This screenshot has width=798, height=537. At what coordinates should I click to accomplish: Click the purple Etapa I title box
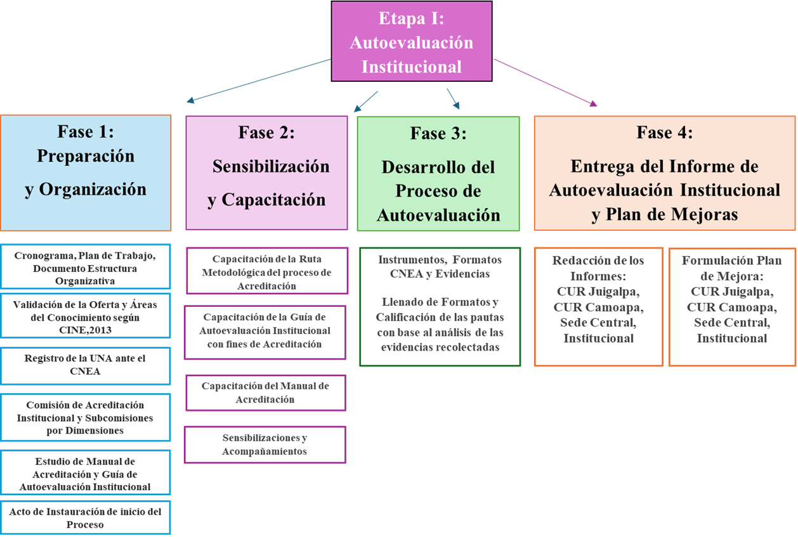tap(412, 41)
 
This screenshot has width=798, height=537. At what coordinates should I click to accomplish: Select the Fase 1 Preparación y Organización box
tap(86, 172)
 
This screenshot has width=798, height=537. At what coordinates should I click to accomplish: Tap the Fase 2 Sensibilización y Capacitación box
tap(266, 172)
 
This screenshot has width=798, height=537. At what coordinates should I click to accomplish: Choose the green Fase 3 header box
tap(438, 174)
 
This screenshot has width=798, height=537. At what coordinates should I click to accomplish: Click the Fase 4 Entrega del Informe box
tap(664, 173)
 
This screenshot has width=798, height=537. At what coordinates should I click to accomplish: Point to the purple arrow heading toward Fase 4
tap(546, 82)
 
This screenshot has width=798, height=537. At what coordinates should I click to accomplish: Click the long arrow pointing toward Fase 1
tap(259, 81)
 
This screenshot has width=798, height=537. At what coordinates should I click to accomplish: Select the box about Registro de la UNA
tap(85, 366)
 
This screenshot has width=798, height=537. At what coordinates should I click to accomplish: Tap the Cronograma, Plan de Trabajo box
tap(85, 266)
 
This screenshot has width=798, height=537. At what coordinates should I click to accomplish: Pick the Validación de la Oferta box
tap(85, 316)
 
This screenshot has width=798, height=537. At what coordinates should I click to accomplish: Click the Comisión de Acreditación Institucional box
tap(85, 417)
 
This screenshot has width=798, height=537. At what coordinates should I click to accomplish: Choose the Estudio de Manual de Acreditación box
tap(85, 472)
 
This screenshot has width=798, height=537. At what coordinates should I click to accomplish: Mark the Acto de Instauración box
tap(85, 517)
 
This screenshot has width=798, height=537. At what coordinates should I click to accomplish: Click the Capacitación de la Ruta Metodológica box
tap(267, 271)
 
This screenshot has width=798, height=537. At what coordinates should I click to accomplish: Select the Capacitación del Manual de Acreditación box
tap(265, 393)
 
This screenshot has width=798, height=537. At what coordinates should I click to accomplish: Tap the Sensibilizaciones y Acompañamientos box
tap(265, 444)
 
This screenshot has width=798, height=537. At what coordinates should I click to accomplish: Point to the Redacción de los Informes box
tap(599, 307)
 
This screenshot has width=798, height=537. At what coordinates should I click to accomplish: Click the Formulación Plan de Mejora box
tap(732, 307)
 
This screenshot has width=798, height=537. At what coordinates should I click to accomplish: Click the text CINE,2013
tap(85, 330)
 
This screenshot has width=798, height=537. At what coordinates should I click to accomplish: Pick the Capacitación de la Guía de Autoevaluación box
tap(265, 332)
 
